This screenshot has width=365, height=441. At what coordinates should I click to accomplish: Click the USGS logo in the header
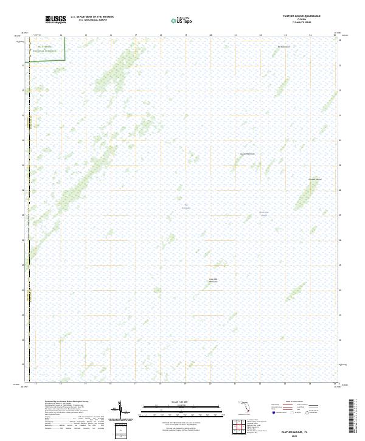coord(55,19)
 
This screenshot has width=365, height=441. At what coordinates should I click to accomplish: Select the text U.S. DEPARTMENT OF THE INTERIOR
coord(92,16)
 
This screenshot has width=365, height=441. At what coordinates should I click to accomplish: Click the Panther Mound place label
coord(315,179)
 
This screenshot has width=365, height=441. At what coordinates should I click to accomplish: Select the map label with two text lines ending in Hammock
coord(213,280)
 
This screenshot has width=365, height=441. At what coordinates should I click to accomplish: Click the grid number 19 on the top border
coord(186,35)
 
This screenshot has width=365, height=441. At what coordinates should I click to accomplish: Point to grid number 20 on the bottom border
coord(210,384)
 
